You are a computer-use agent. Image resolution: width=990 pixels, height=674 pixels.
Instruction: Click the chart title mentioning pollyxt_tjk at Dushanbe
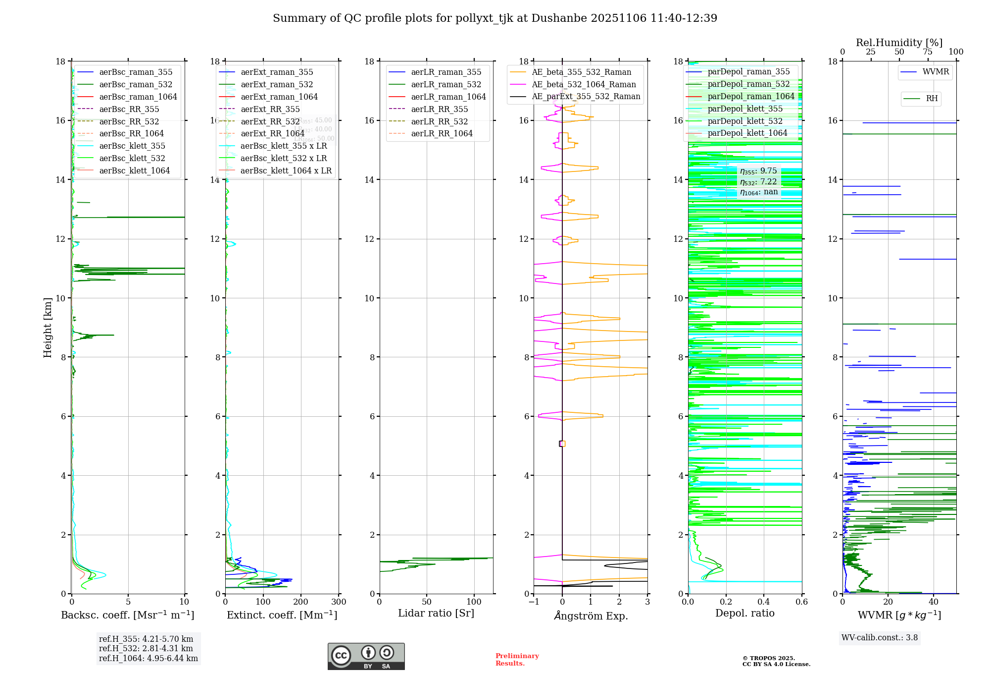[495, 18]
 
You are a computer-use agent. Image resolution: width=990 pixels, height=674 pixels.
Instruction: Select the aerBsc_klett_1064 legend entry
[134, 170]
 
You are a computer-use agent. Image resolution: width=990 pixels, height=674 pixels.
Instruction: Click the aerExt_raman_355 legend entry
[277, 72]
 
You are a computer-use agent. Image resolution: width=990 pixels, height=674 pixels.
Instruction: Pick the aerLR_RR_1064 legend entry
[442, 134]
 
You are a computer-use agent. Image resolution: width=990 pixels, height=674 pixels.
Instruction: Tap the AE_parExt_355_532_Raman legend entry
[586, 97]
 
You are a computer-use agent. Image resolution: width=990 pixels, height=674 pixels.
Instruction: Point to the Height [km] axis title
[48, 328]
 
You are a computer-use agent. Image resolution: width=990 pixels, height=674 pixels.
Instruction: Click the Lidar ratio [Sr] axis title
[436, 613]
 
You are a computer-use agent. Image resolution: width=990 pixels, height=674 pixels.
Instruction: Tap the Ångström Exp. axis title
[591, 616]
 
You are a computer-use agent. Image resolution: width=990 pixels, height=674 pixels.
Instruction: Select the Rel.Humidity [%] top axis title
[899, 43]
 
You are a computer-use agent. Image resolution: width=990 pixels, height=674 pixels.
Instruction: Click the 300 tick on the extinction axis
[339, 602]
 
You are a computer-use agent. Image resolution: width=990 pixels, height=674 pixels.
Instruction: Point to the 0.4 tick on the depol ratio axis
[764, 602]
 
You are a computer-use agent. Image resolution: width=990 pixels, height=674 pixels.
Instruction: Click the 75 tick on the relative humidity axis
[928, 52]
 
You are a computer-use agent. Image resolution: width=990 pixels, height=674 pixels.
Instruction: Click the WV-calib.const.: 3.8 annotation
[880, 638]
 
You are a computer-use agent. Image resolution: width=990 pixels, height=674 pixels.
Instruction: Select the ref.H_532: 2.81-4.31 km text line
[146, 648]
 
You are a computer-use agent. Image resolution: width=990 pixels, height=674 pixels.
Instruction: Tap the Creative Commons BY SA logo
[366, 656]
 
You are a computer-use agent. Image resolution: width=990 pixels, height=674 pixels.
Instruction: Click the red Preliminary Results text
[517, 660]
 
